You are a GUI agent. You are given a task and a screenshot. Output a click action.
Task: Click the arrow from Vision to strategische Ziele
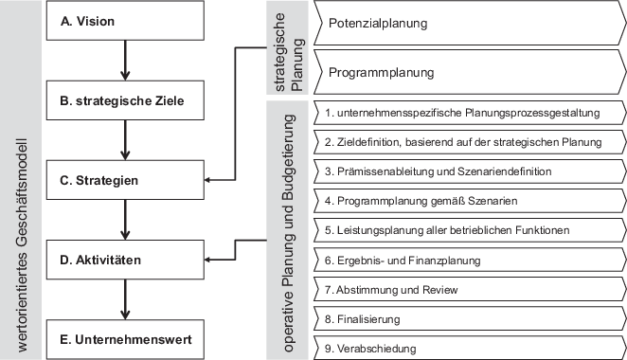[124, 60]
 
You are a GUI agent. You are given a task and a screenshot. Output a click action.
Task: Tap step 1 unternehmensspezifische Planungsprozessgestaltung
[464, 113]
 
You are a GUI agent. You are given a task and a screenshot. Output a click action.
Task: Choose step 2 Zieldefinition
[464, 142]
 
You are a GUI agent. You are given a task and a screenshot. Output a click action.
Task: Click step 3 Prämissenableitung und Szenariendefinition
[464, 171]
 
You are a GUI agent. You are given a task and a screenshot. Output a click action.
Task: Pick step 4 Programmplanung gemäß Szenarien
[464, 201]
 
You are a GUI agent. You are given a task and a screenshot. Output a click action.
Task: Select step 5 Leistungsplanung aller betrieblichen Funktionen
[464, 230]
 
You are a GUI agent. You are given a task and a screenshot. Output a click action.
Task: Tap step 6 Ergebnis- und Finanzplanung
[464, 260]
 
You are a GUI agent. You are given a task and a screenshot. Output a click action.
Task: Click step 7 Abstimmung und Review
[464, 289]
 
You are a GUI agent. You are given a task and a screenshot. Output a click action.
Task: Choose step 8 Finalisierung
[464, 319]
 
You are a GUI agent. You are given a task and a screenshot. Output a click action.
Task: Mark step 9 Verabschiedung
[464, 349]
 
